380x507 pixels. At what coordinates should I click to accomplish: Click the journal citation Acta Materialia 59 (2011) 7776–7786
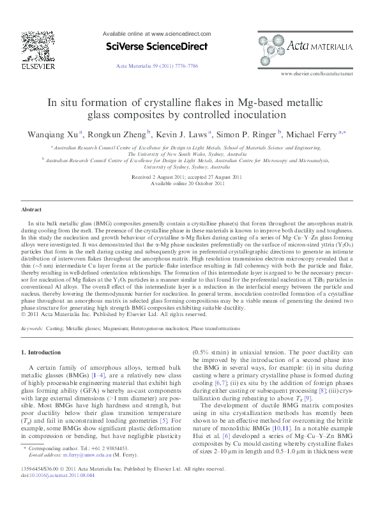[x=156, y=66]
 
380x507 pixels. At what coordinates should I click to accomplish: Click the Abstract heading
[x=31, y=209]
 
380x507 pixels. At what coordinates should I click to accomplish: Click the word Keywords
[x=33, y=328]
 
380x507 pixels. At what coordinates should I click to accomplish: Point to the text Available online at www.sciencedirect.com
[x=156, y=32]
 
